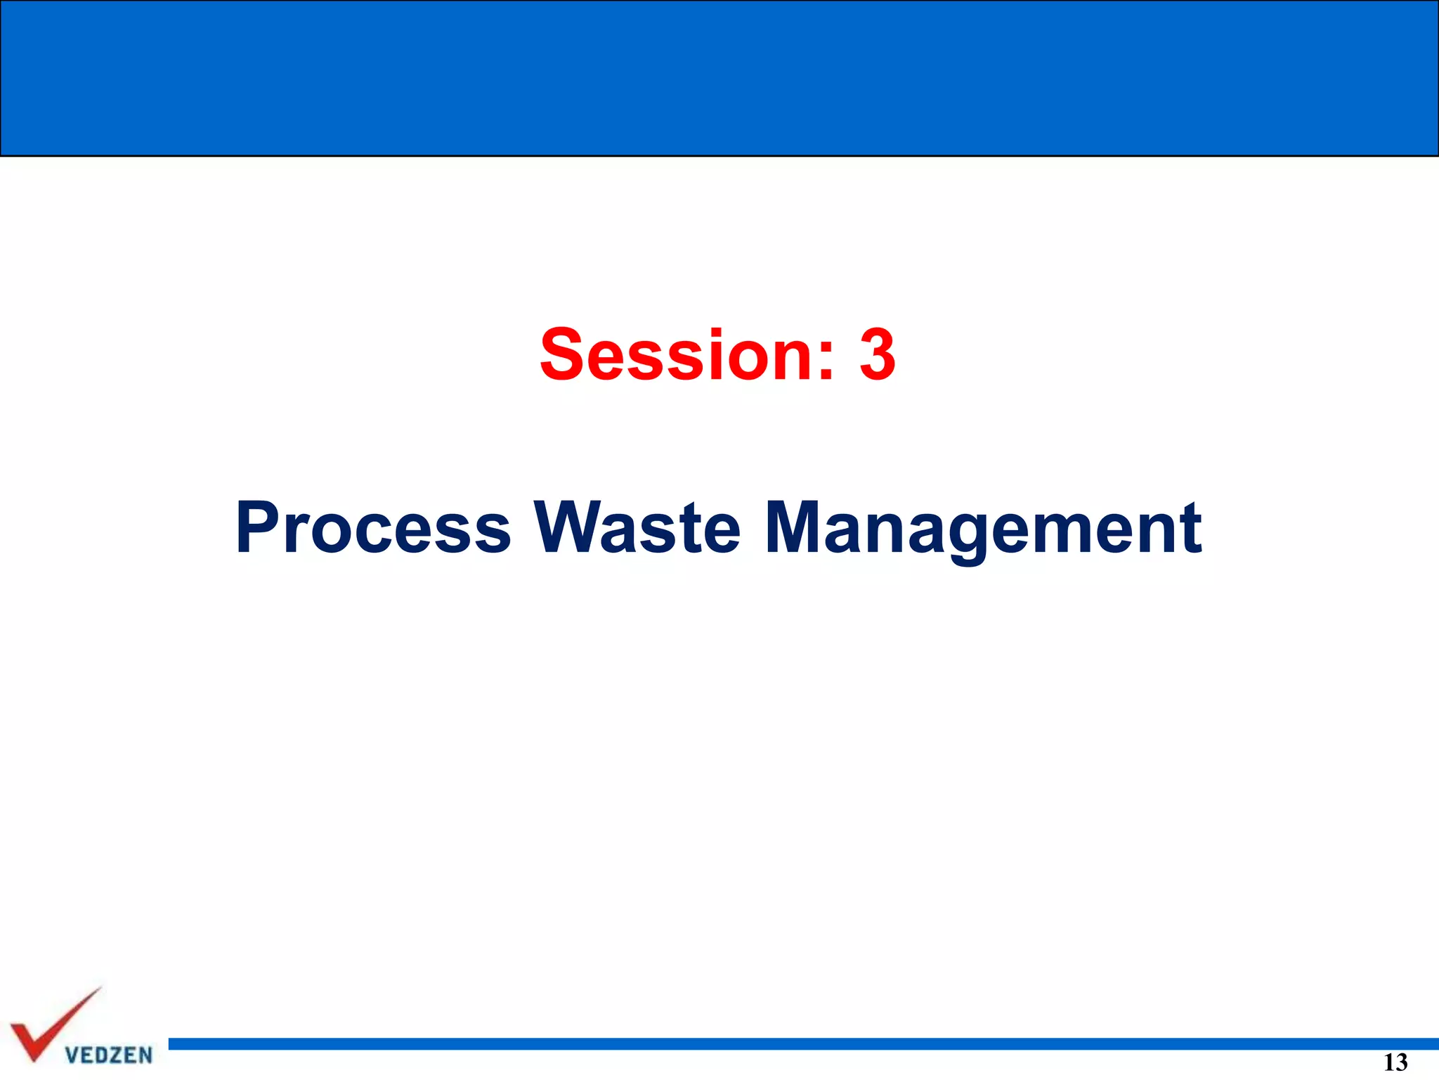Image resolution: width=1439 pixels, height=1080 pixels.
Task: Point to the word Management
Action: click(983, 529)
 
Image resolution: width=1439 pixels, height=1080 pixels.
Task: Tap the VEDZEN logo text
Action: click(108, 1055)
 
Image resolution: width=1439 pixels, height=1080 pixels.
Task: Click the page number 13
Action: click(1395, 1062)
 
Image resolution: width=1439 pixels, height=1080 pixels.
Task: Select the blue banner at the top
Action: click(719, 77)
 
